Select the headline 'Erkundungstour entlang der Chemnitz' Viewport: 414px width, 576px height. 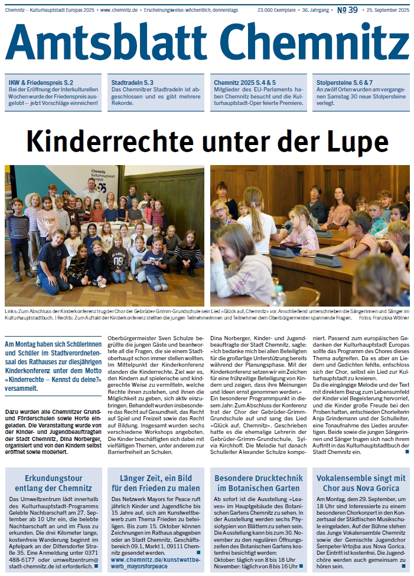54,483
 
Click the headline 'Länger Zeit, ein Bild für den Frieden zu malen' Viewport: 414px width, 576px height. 156,483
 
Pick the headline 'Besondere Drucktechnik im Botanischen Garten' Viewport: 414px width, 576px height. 258,483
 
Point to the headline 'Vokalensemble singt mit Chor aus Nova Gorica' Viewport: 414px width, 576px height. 361,483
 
